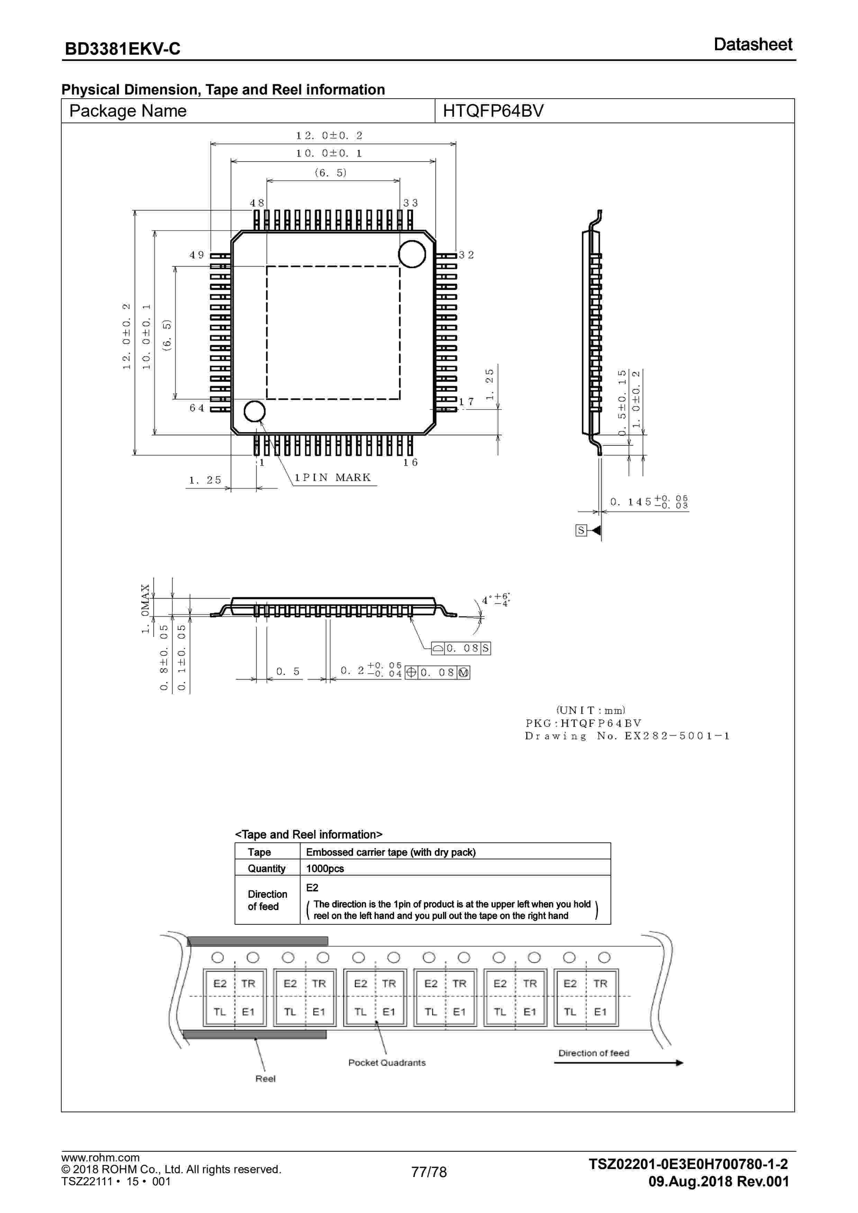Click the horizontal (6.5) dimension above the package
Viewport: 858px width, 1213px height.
(x=331, y=173)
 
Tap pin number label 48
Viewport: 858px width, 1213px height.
(x=257, y=203)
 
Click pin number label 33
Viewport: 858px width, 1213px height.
(x=410, y=203)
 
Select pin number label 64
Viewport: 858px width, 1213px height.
(x=197, y=408)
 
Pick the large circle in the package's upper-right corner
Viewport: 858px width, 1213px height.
(x=412, y=254)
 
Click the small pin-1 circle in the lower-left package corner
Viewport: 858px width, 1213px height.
(x=254, y=411)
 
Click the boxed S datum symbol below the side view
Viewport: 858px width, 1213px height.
(x=581, y=530)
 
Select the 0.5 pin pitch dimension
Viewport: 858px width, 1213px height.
(x=288, y=672)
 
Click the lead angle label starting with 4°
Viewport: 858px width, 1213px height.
(x=495, y=600)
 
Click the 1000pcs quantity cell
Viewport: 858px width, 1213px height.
(x=325, y=869)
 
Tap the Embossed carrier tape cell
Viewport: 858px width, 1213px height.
(x=390, y=852)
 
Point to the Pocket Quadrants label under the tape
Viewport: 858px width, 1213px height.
(x=387, y=1062)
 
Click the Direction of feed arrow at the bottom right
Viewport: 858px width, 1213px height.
(x=618, y=1062)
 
